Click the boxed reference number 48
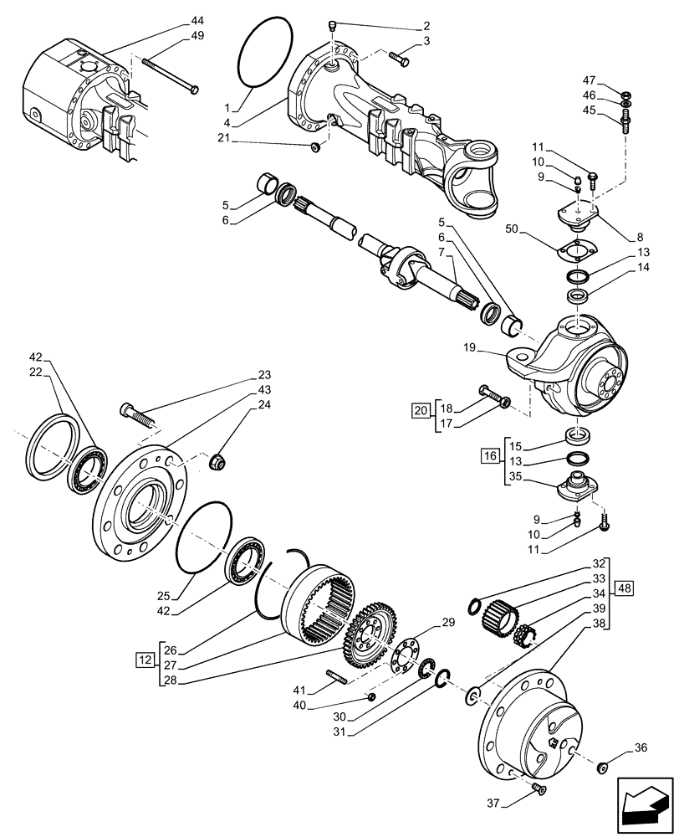(626, 588)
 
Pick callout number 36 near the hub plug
(641, 749)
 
